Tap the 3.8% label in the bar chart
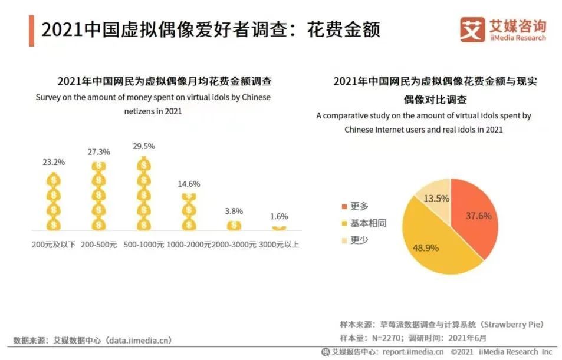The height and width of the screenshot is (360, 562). coord(234,211)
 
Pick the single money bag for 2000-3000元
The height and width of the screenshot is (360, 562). coord(234,225)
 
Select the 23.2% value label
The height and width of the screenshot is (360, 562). coord(54,162)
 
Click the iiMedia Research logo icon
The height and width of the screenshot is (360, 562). coord(472,29)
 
